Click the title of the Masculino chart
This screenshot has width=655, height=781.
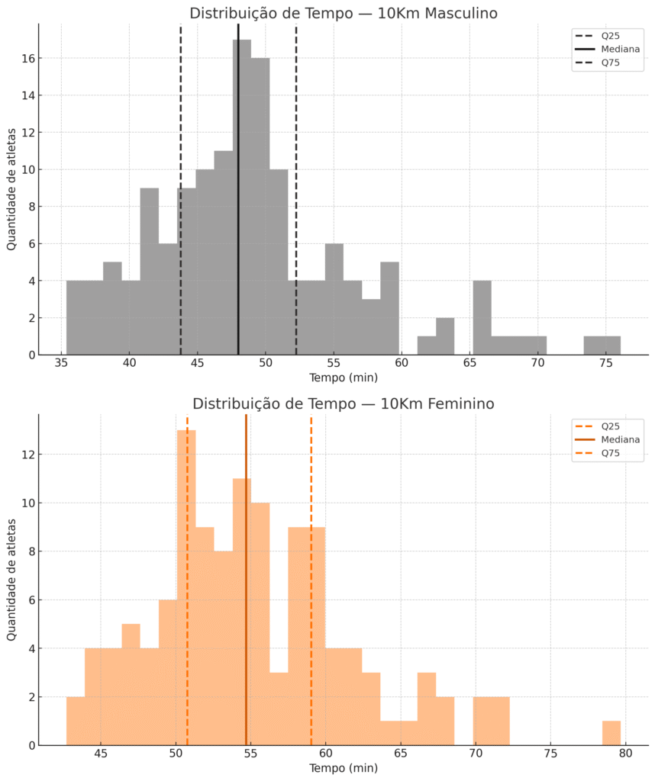pyautogui.click(x=344, y=13)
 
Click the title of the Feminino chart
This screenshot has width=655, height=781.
pyautogui.click(x=344, y=403)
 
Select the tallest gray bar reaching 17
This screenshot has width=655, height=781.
pyautogui.click(x=242, y=198)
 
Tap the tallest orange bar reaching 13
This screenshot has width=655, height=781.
pyautogui.click(x=186, y=587)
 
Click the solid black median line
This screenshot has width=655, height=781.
pyautogui.click(x=238, y=229)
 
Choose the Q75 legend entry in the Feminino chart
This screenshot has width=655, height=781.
pyautogui.click(x=610, y=453)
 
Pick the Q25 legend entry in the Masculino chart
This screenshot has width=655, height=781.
pyautogui.click(x=610, y=34)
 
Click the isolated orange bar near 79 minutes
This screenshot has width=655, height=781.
pyautogui.click(x=611, y=733)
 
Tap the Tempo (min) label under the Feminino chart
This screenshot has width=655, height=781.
pyautogui.click(x=344, y=769)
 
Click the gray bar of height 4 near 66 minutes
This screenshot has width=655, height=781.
pyautogui.click(x=482, y=318)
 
